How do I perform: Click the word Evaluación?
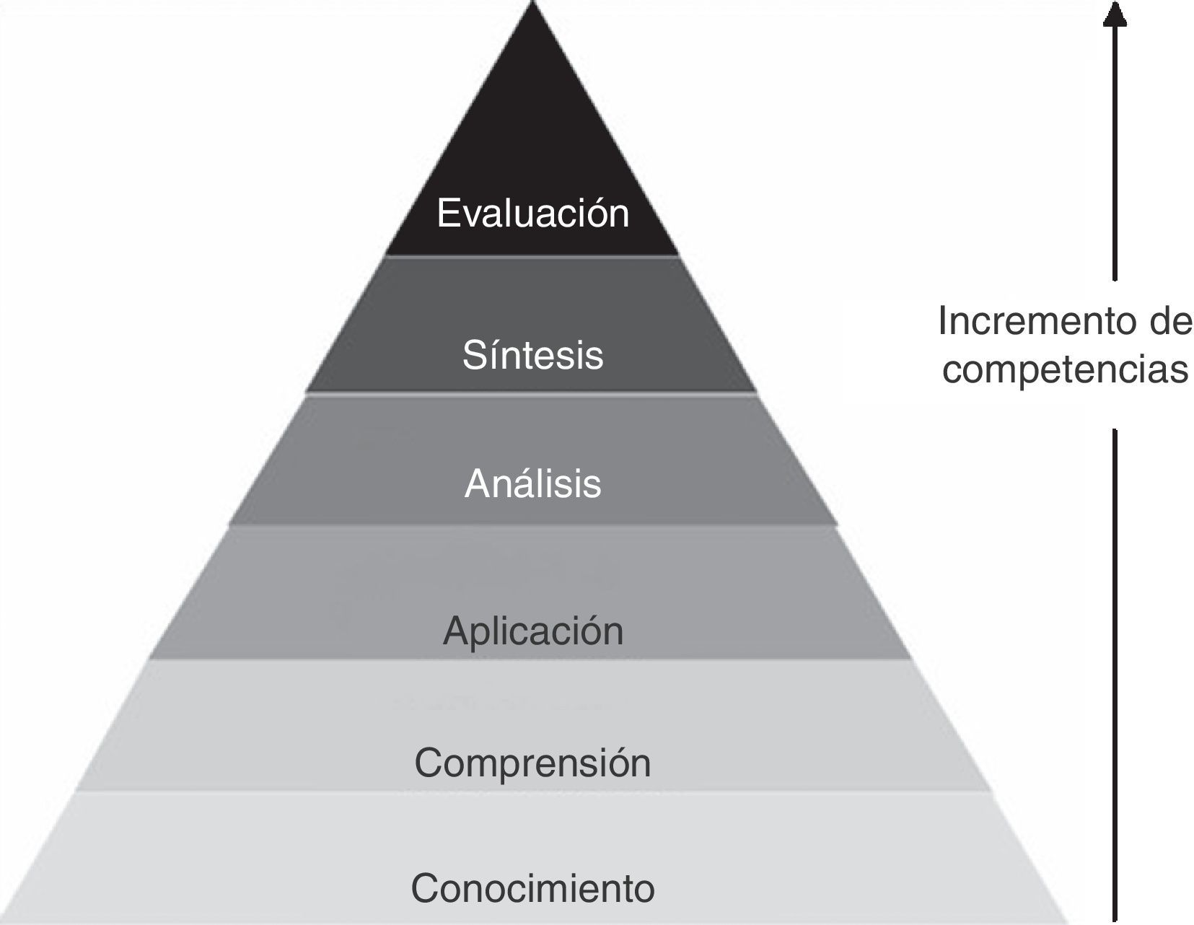532,213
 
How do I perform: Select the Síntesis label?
532,354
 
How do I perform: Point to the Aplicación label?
532,631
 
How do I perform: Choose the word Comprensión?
532,762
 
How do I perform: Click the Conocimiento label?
532,887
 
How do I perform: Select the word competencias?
1065,369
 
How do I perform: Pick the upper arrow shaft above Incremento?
1115,152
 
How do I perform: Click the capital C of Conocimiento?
426,887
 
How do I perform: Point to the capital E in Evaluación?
447,213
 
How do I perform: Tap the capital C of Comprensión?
429,762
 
